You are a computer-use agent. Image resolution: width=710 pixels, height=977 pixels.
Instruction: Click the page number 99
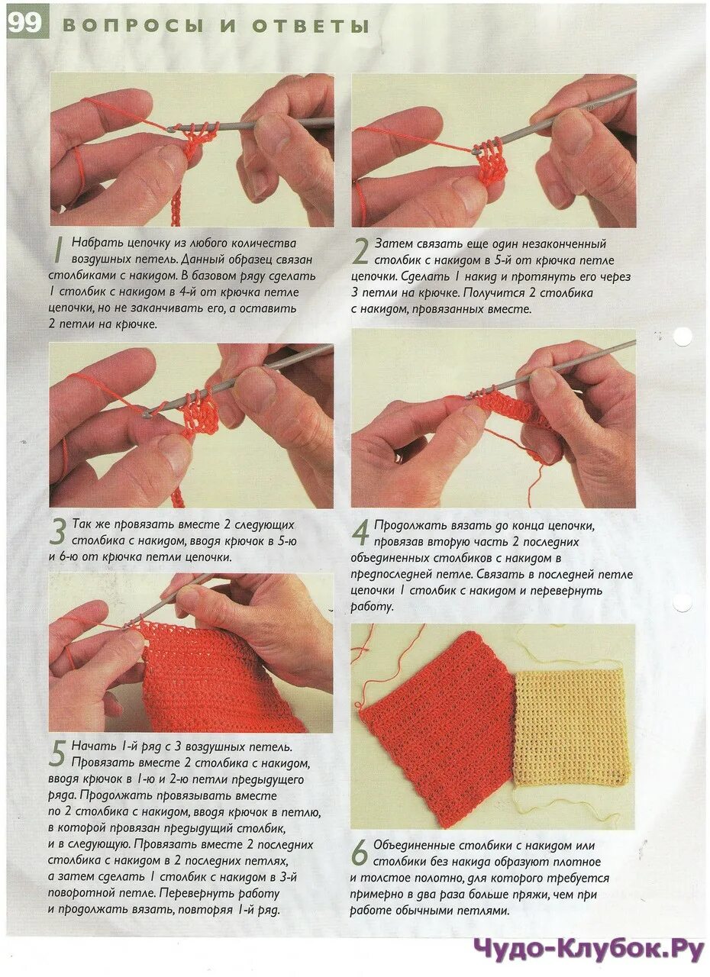(x=24, y=24)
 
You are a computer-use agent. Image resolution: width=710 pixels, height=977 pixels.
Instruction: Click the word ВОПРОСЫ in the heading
(x=134, y=26)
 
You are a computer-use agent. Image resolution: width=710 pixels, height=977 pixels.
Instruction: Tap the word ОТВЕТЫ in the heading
(x=311, y=26)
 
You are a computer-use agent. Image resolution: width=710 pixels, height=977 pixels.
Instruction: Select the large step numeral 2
(x=360, y=251)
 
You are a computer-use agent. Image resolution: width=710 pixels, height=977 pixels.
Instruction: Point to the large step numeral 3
(x=58, y=532)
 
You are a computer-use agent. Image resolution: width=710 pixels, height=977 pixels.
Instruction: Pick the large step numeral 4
(x=360, y=533)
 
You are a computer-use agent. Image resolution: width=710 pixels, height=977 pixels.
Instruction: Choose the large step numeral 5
(x=57, y=753)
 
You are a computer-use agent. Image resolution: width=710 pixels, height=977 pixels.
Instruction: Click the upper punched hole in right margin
(x=682, y=337)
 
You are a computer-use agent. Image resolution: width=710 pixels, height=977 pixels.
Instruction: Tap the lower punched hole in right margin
(x=682, y=604)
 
